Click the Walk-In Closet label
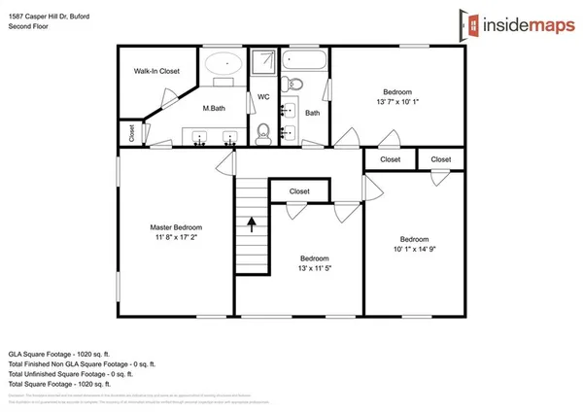click(x=156, y=71)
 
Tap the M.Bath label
click(x=215, y=108)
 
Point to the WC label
click(x=262, y=96)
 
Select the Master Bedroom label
click(x=175, y=227)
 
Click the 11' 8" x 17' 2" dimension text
click(x=175, y=238)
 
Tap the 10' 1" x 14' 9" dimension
click(x=415, y=250)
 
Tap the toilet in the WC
click(x=262, y=131)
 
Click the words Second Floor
click(x=29, y=27)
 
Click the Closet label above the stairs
click(x=299, y=191)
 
